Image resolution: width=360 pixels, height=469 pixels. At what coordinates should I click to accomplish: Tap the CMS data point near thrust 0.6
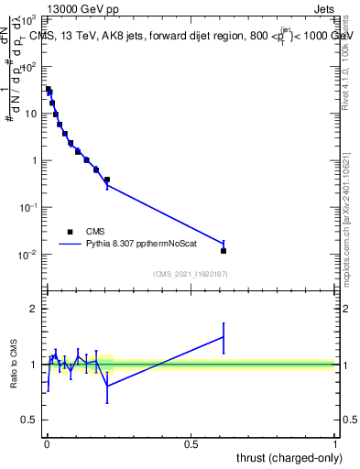[224, 250]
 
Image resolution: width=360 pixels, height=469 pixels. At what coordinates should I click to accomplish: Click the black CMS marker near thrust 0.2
[107, 180]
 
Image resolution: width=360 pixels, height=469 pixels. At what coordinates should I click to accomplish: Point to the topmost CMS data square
[49, 90]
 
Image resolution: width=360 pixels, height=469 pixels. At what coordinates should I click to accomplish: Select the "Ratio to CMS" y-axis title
[16, 364]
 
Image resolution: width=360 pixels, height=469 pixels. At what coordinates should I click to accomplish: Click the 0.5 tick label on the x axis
[191, 442]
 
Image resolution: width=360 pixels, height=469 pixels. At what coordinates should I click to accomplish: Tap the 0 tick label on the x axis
[47, 442]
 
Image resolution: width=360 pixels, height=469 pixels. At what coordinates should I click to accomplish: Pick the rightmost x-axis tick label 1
[335, 442]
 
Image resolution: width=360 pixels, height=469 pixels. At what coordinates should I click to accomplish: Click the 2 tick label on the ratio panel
[35, 309]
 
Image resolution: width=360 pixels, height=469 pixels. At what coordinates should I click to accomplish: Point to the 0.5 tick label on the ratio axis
[30, 420]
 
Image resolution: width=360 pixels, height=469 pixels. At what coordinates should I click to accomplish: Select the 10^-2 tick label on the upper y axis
[28, 255]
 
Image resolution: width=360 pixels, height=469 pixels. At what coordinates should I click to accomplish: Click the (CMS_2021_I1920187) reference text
[191, 274]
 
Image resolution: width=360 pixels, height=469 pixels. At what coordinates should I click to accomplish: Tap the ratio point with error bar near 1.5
[224, 337]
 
